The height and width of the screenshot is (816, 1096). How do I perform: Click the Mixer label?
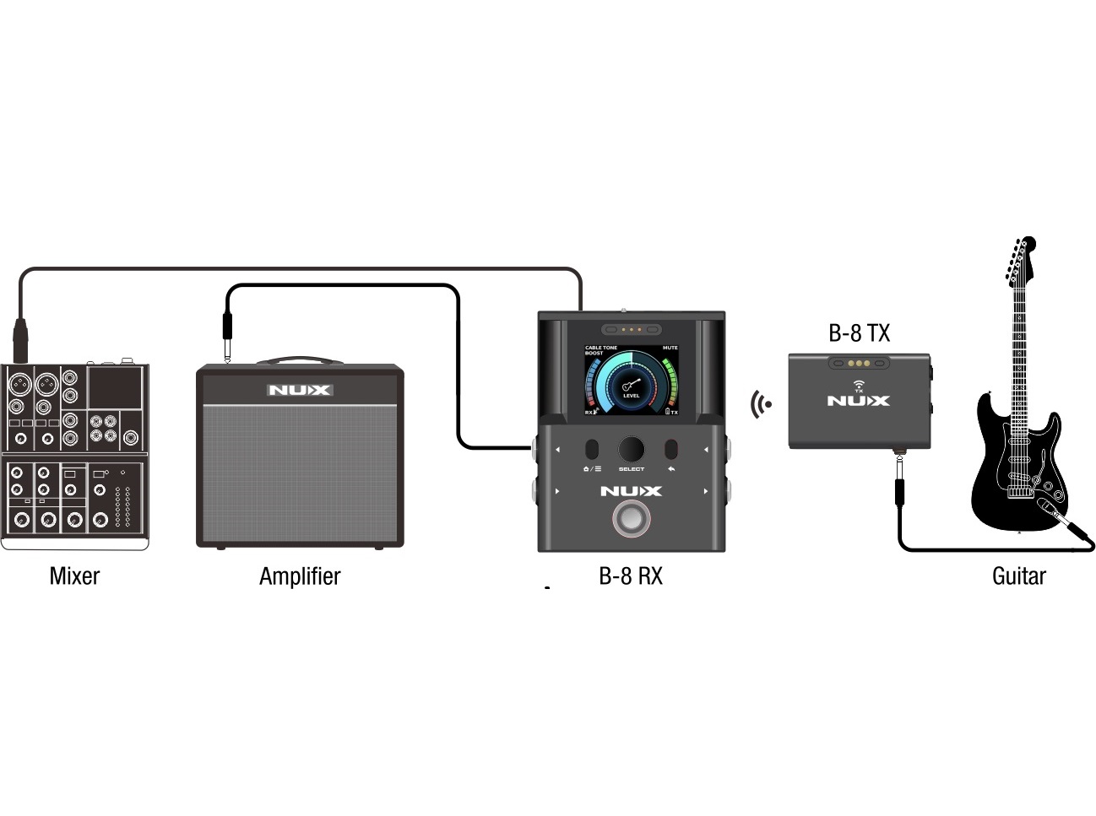pyautogui.click(x=74, y=576)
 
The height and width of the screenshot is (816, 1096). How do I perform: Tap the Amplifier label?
pyautogui.click(x=300, y=576)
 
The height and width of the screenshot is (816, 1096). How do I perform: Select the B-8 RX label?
pyautogui.click(x=631, y=576)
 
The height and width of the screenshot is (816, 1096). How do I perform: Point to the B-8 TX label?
pyautogui.click(x=859, y=333)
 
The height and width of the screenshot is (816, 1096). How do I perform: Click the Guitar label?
pyautogui.click(x=1018, y=576)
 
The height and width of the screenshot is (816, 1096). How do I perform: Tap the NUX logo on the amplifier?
pyautogui.click(x=300, y=390)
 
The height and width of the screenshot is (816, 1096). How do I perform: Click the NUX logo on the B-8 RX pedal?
pyautogui.click(x=631, y=491)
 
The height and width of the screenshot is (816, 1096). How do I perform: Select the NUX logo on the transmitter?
pyautogui.click(x=858, y=401)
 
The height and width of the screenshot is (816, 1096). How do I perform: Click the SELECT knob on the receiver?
pyautogui.click(x=631, y=449)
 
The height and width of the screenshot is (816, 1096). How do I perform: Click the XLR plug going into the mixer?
pyautogui.click(x=20, y=338)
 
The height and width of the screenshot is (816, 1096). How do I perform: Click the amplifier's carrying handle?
pyautogui.click(x=300, y=360)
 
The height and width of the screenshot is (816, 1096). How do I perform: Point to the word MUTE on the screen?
pyautogui.click(x=670, y=348)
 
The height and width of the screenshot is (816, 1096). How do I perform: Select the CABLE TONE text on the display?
pyautogui.click(x=601, y=348)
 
